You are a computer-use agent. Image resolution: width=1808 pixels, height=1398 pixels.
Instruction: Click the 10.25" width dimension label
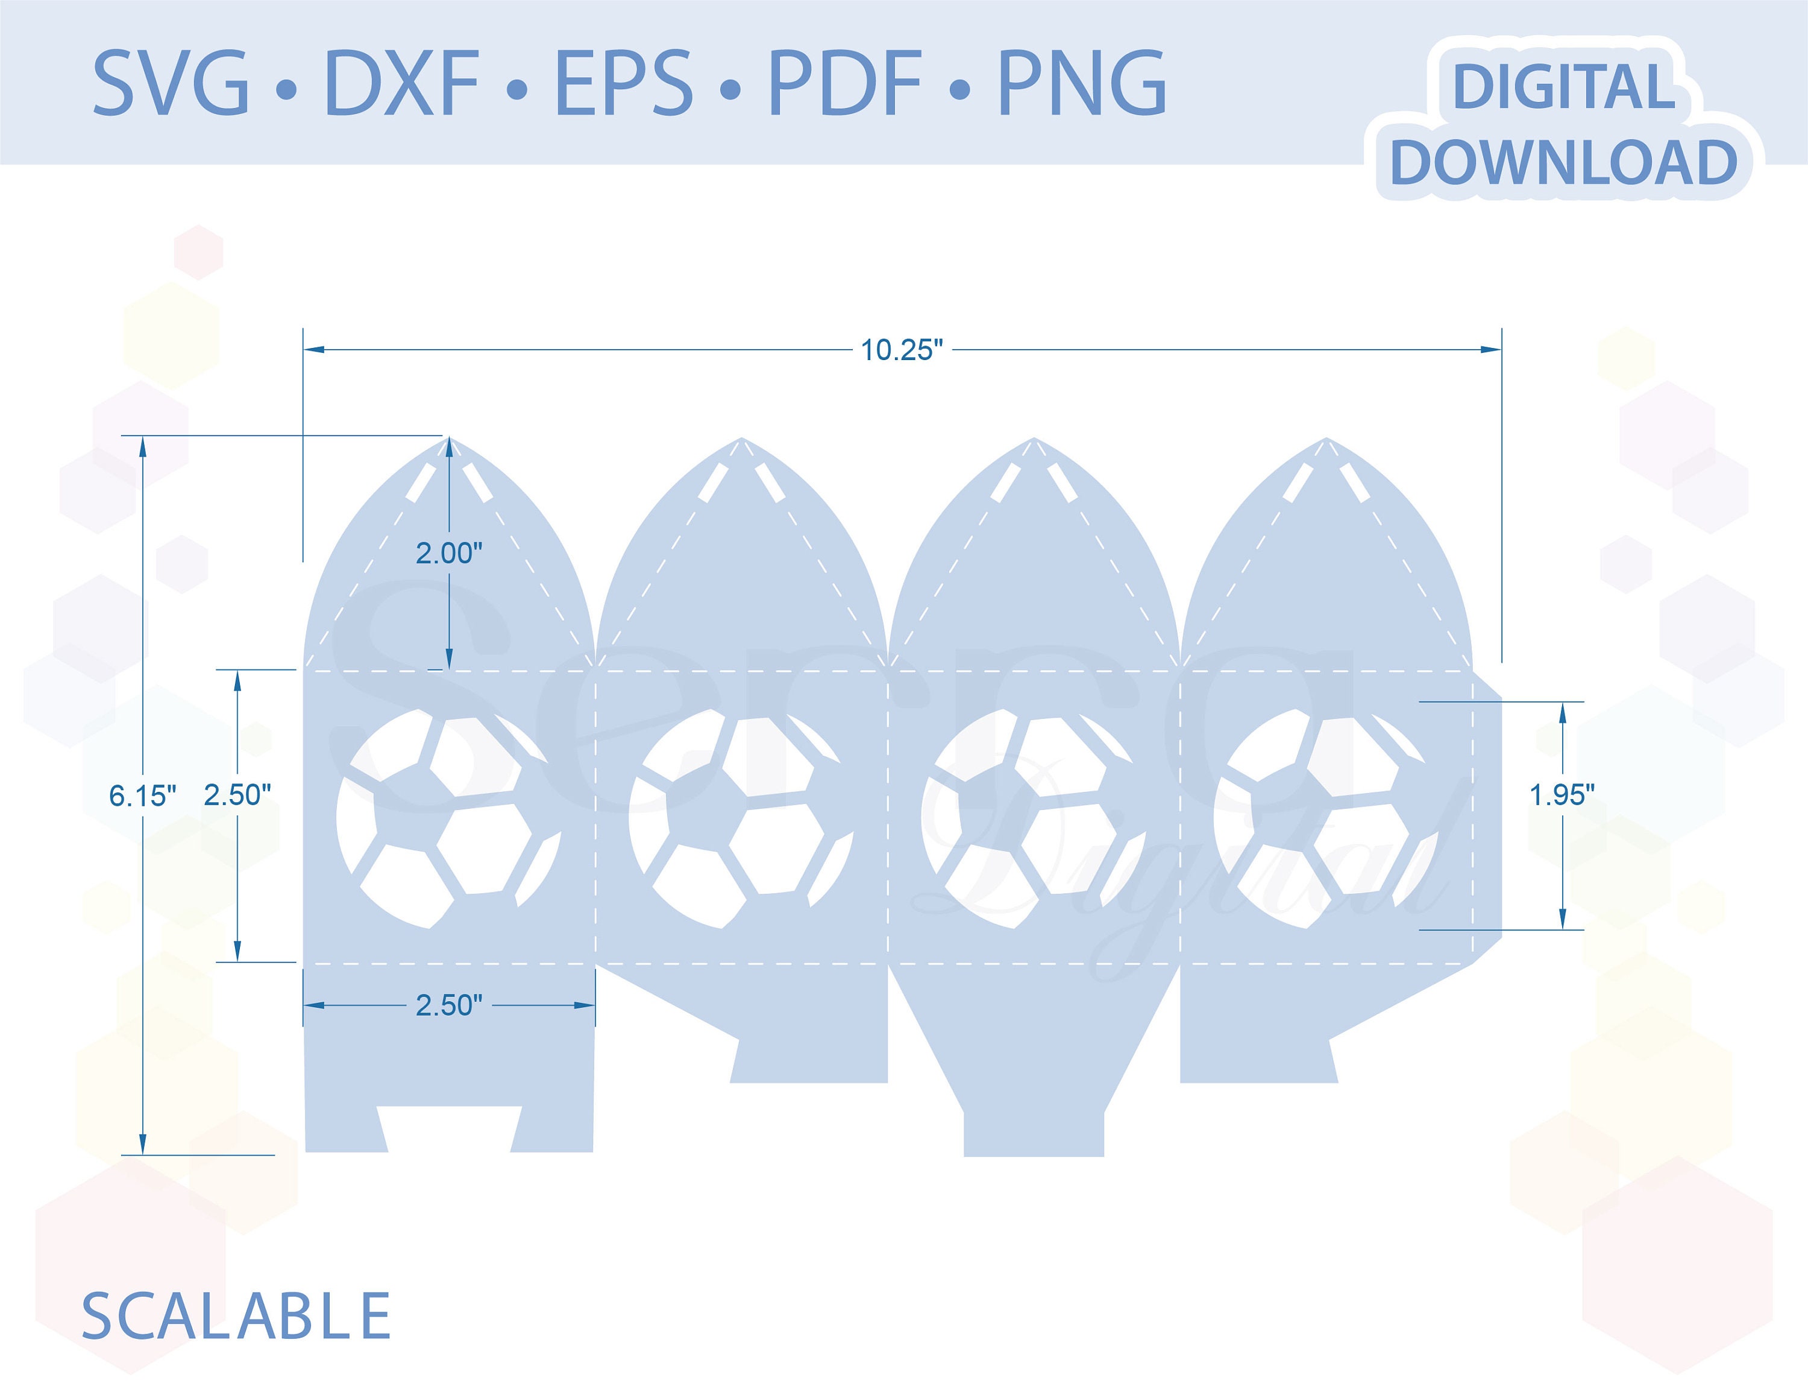tap(902, 350)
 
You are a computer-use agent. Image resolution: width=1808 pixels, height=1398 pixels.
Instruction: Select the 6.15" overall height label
tap(142, 796)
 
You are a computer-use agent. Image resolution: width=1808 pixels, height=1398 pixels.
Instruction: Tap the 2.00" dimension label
tap(449, 553)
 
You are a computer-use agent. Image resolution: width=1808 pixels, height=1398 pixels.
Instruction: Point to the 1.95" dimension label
tap(1562, 795)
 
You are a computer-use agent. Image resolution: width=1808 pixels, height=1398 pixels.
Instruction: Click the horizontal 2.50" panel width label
tap(449, 1005)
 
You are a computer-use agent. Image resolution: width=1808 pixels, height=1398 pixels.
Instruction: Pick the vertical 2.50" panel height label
tap(237, 795)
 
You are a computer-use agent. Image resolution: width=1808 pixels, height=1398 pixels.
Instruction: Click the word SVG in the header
tap(171, 83)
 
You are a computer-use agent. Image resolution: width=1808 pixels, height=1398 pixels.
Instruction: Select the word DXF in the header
tap(403, 83)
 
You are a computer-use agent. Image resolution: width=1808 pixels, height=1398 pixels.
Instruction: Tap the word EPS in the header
tap(623, 83)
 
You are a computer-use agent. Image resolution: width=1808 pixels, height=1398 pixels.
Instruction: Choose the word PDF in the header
tap(845, 83)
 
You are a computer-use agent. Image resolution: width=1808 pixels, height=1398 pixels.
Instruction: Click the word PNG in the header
tap(1082, 83)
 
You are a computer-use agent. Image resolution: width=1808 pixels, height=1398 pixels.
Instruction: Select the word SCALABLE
tap(236, 1316)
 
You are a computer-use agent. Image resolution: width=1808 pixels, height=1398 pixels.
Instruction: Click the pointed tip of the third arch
tap(1034, 438)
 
